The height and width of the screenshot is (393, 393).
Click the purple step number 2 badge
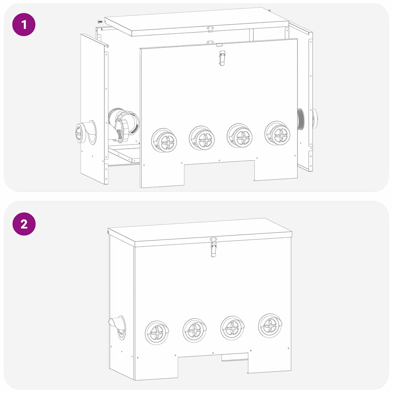(24, 224)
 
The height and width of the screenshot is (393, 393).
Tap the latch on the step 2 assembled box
(213, 248)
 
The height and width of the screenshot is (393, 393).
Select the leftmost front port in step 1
(164, 140)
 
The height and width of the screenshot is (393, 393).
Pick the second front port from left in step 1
(202, 137)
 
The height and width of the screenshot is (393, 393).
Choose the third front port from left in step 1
(239, 135)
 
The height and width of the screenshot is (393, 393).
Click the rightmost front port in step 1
(277, 133)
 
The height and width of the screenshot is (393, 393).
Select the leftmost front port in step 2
(157, 332)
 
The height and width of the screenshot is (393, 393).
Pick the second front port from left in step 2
(195, 330)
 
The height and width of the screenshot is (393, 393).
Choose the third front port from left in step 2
(233, 328)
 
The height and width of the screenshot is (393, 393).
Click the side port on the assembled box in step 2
(118, 327)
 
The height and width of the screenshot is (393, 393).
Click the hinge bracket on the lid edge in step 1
(210, 29)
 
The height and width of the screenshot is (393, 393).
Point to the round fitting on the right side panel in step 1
(314, 118)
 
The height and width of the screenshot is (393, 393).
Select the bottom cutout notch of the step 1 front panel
(219, 172)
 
